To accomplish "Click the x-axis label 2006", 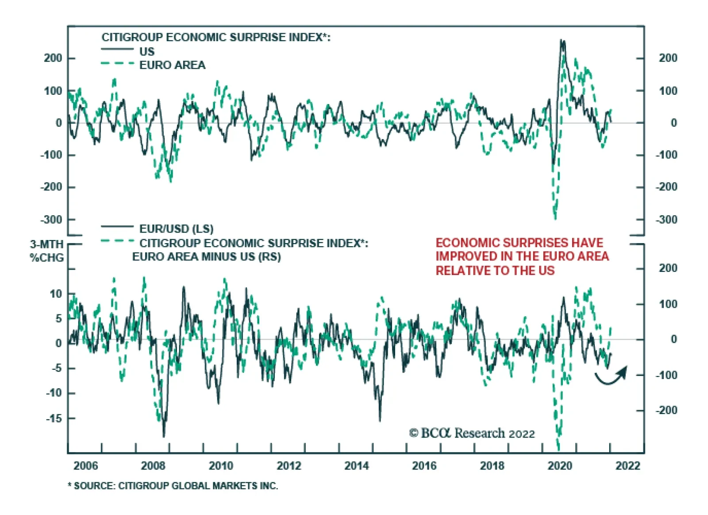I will pos(86,465).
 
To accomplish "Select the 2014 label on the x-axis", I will pos(357,465).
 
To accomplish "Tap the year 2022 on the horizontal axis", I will pos(627,465).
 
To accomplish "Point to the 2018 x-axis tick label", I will pos(492,465).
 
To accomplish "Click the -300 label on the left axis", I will pos(51,220).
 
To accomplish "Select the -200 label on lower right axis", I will pos(666,410).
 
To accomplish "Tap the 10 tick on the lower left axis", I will pos(56,294).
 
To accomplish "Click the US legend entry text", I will pos(147,51).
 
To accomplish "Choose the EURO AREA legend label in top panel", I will pos(172,65).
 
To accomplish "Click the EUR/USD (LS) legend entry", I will pos(176,229).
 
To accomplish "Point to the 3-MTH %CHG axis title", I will pos(46,251).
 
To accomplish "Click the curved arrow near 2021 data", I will pos(612,376).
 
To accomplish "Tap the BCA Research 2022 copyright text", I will pos(472,433).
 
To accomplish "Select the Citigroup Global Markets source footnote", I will pos(173,486).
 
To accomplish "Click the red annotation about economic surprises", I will pos(522,256).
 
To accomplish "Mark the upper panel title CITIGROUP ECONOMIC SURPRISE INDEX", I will pos(216,37).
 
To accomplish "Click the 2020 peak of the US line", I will pos(562,41).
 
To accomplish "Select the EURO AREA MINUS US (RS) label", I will pos(206,257).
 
